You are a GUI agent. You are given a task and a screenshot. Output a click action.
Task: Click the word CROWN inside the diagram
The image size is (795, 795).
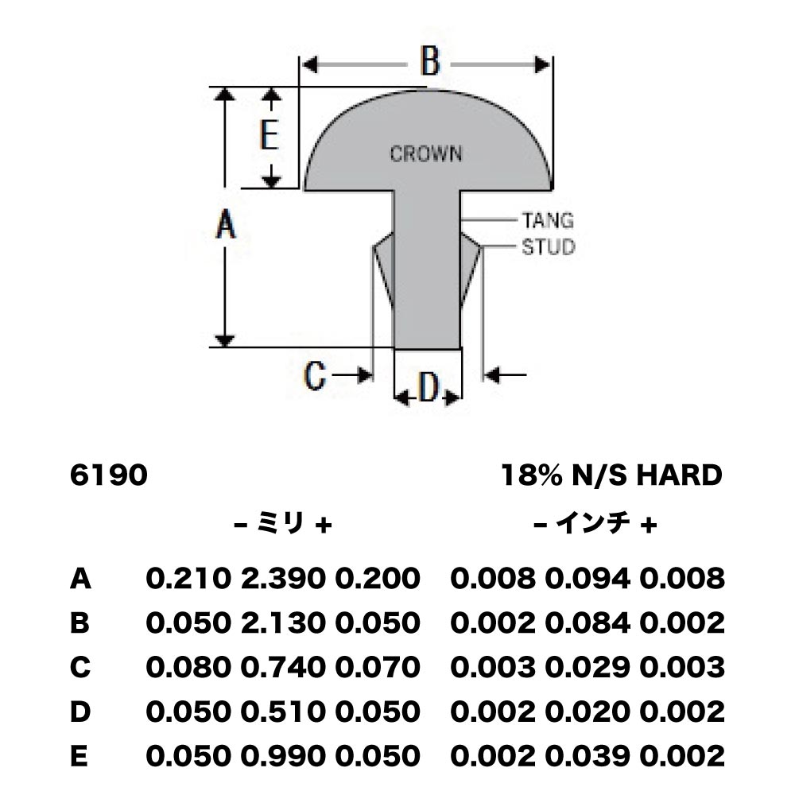pos(426,153)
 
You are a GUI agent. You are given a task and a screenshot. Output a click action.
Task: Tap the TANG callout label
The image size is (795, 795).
pos(548,220)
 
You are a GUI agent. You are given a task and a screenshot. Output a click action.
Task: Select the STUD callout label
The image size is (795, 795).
pos(549,247)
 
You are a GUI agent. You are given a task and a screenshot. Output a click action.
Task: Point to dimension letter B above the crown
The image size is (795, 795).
pos(430,62)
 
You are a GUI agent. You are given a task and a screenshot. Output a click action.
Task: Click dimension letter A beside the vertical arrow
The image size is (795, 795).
pos(226,225)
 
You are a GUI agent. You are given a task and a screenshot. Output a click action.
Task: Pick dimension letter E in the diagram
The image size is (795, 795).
pos(270,135)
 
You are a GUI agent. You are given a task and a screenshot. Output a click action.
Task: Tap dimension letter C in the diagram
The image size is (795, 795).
pos(314,376)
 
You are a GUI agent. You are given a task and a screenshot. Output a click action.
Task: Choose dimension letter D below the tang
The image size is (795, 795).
pos(429,388)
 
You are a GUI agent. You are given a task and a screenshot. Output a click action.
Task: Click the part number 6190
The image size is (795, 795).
pos(108,475)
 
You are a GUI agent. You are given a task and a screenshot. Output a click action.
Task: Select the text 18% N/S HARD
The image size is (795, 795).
pos(611,475)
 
